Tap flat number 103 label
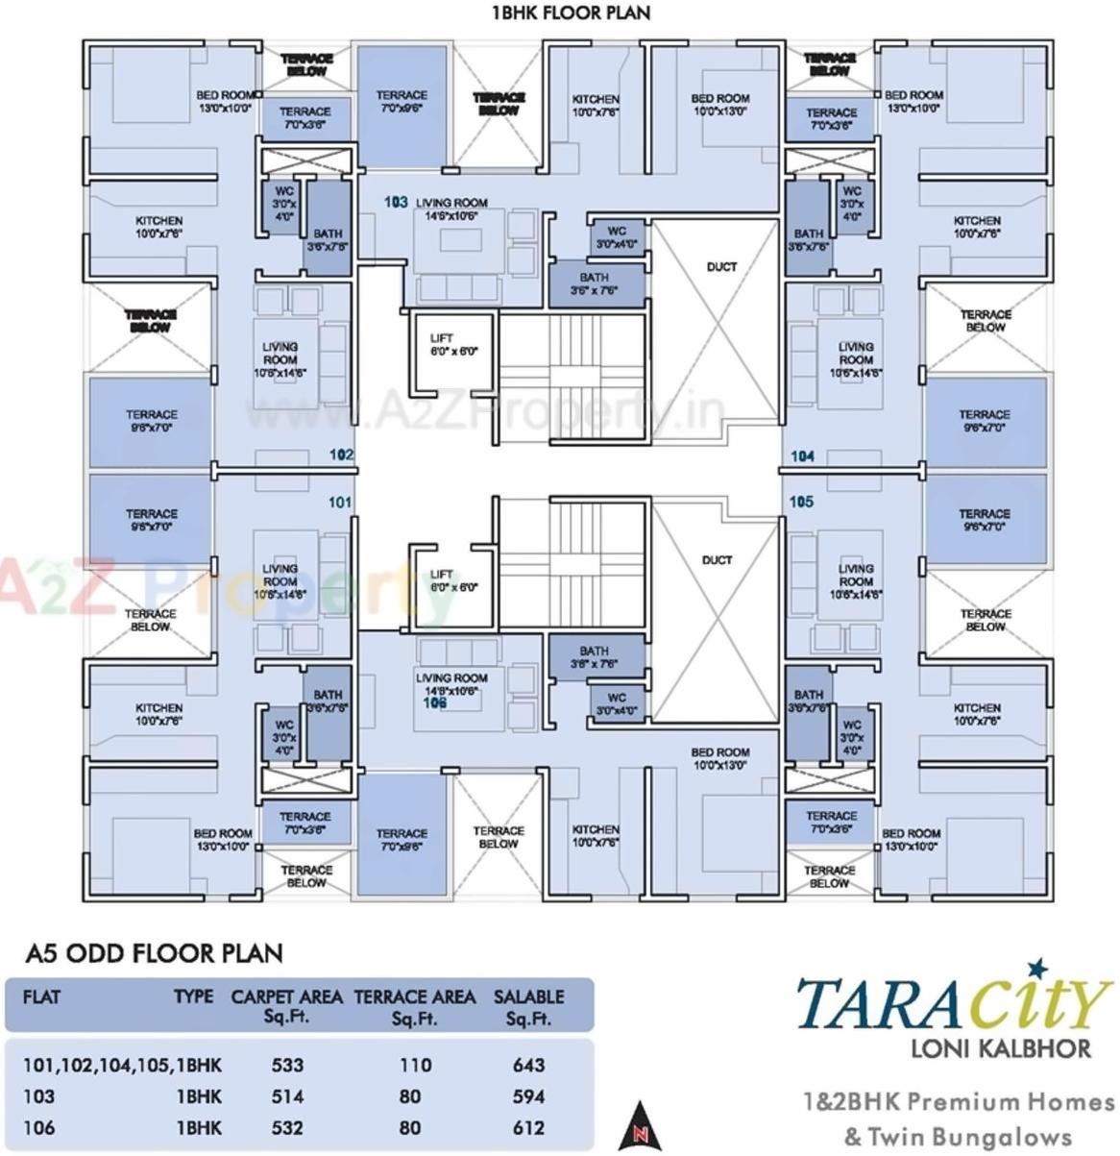pyautogui.click(x=396, y=203)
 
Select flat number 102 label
pyautogui.click(x=341, y=455)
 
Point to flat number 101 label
pyautogui.click(x=340, y=502)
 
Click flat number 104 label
pyautogui.click(x=802, y=455)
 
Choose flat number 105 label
pyautogui.click(x=801, y=502)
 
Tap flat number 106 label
pyautogui.click(x=435, y=703)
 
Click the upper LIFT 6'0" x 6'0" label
pyautogui.click(x=453, y=345)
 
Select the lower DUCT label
pyautogui.click(x=717, y=560)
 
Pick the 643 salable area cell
pyautogui.click(x=528, y=1065)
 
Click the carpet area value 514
pyautogui.click(x=287, y=1096)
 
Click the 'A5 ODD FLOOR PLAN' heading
pyautogui.click(x=154, y=953)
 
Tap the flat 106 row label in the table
pyautogui.click(x=39, y=1128)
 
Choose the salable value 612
pyautogui.click(x=528, y=1128)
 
